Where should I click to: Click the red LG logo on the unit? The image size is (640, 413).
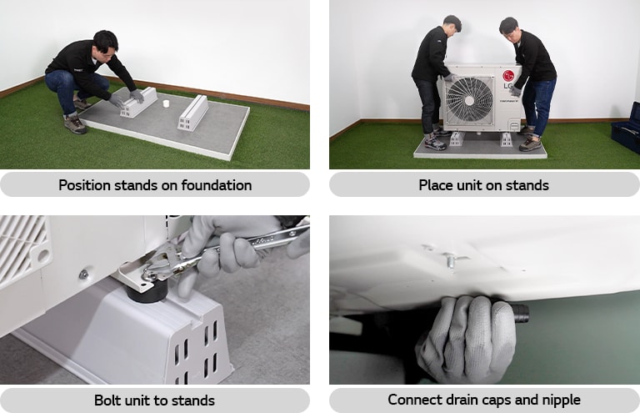(508, 76)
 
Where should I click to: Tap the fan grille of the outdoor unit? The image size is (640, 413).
(469, 100)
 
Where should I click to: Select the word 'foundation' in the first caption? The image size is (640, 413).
(217, 185)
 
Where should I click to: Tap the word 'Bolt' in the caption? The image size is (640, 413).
(107, 400)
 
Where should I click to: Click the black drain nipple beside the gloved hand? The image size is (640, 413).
(519, 312)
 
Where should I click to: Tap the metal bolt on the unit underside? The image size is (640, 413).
(450, 260)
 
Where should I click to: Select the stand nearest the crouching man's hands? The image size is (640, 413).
(138, 102)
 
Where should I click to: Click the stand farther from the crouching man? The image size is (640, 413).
(193, 113)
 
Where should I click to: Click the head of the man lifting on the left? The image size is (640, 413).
(452, 25)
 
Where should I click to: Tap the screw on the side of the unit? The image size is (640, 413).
(83, 274)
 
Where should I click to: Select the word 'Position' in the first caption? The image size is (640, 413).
(84, 185)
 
